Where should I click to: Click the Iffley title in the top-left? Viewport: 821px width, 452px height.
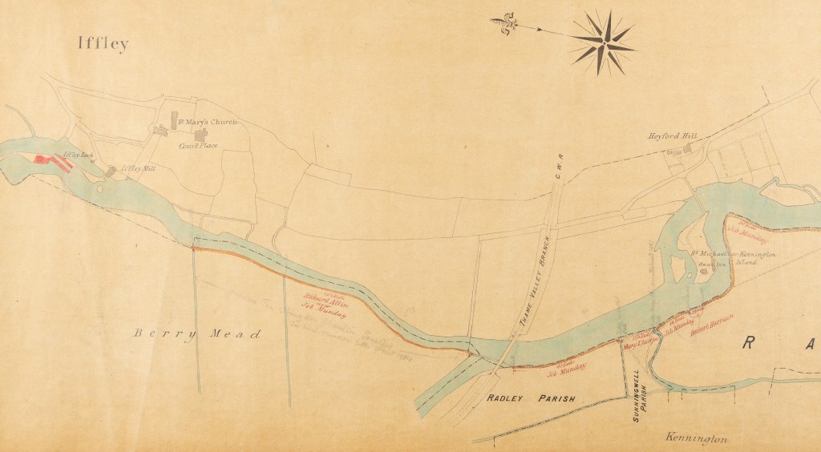coord(102,43)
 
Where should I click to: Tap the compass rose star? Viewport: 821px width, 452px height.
coord(602,42)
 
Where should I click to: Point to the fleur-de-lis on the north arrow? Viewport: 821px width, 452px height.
coord(503,22)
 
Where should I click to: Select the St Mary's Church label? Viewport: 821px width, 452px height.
coord(207,122)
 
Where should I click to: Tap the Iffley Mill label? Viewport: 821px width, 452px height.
coord(138,168)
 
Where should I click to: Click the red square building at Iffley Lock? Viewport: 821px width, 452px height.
coord(38,159)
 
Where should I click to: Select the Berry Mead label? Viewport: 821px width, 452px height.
coord(197,334)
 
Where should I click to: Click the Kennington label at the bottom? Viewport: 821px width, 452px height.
coord(696,438)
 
